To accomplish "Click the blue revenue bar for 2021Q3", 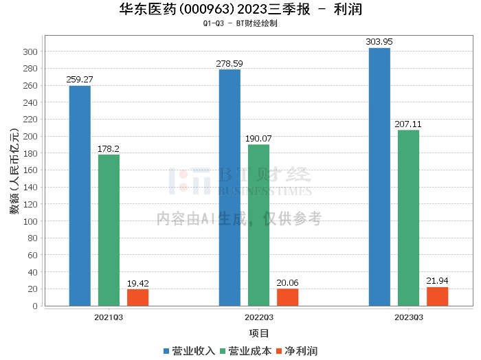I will [x=80, y=196].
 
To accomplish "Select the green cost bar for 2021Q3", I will [x=109, y=230].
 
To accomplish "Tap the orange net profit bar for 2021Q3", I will [x=137, y=297].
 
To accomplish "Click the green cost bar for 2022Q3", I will [x=258, y=225].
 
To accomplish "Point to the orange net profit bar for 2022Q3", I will [x=287, y=297].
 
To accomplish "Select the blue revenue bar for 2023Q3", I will [x=379, y=177].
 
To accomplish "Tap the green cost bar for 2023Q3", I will [x=408, y=218].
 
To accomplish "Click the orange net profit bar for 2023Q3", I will [x=437, y=296].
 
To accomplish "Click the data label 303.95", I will [x=379, y=42].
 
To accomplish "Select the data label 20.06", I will [x=287, y=282].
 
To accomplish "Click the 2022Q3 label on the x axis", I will [x=258, y=317].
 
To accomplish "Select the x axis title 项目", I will [x=258, y=334].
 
